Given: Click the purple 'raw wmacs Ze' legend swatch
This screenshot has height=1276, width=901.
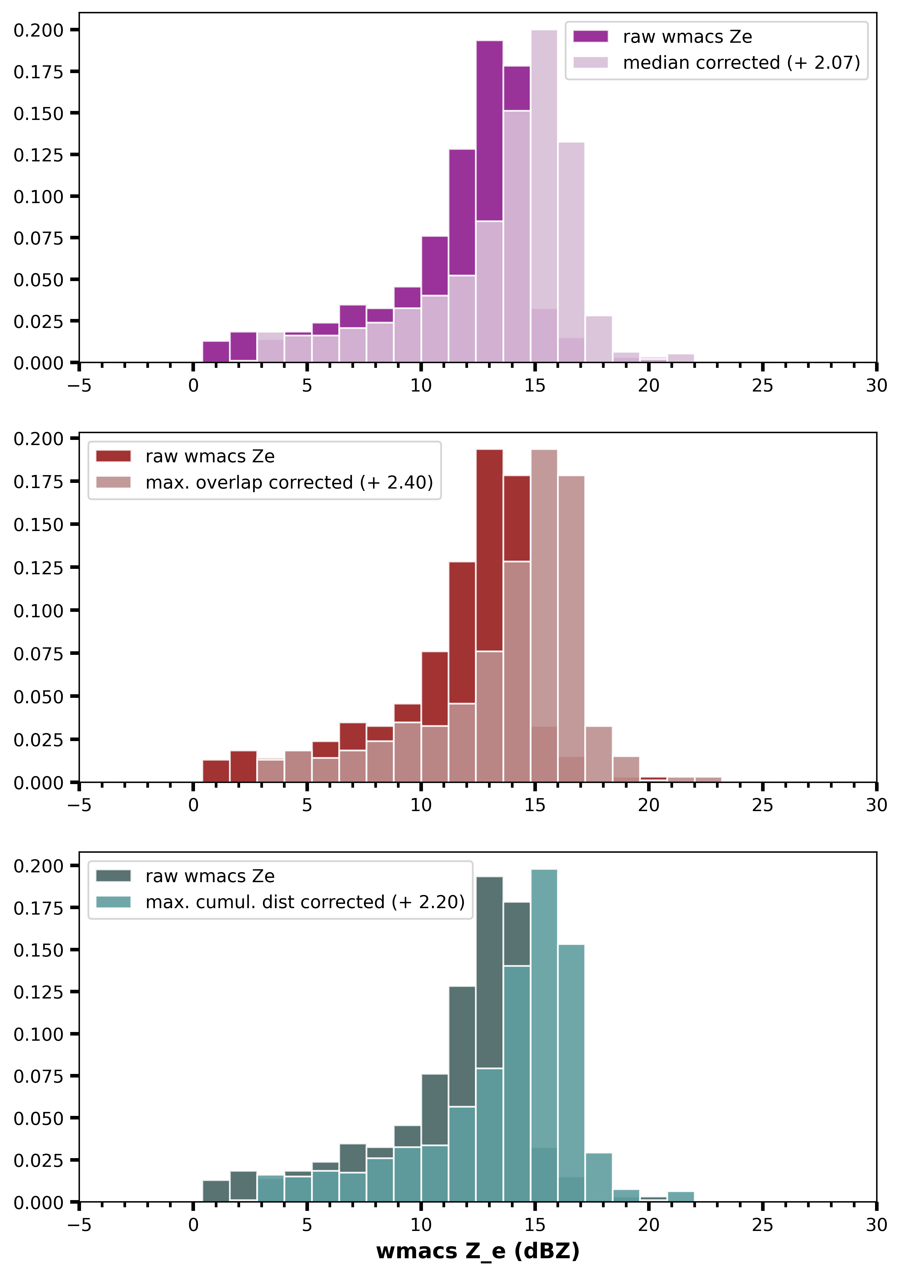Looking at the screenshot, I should [590, 37].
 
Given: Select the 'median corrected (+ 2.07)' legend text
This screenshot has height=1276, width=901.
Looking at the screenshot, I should [741, 63].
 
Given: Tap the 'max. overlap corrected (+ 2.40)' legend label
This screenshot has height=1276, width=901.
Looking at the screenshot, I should [289, 482].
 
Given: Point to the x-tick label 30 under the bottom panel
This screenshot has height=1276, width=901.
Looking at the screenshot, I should [876, 1225].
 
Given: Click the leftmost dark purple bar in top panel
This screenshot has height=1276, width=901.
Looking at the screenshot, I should [216, 352].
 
